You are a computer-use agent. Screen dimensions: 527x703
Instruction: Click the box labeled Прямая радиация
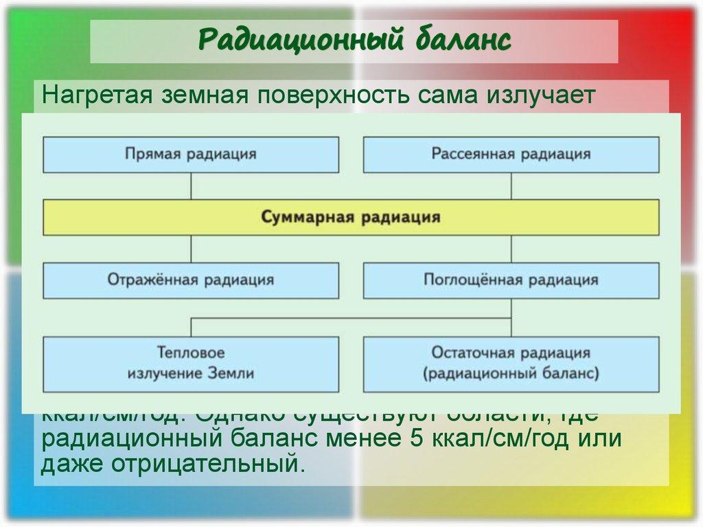[191, 154]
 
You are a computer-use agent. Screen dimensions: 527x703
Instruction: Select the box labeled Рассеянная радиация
[511, 154]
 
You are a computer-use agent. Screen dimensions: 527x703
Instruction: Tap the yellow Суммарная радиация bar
[351, 217]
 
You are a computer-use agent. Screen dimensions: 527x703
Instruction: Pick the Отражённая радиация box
[191, 280]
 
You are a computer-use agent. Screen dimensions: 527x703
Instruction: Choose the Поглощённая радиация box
[511, 280]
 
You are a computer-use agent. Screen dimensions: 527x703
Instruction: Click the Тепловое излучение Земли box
[191, 363]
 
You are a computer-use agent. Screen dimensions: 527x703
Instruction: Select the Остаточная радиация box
[511, 363]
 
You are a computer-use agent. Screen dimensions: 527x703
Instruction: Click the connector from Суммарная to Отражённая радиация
[191, 249]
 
